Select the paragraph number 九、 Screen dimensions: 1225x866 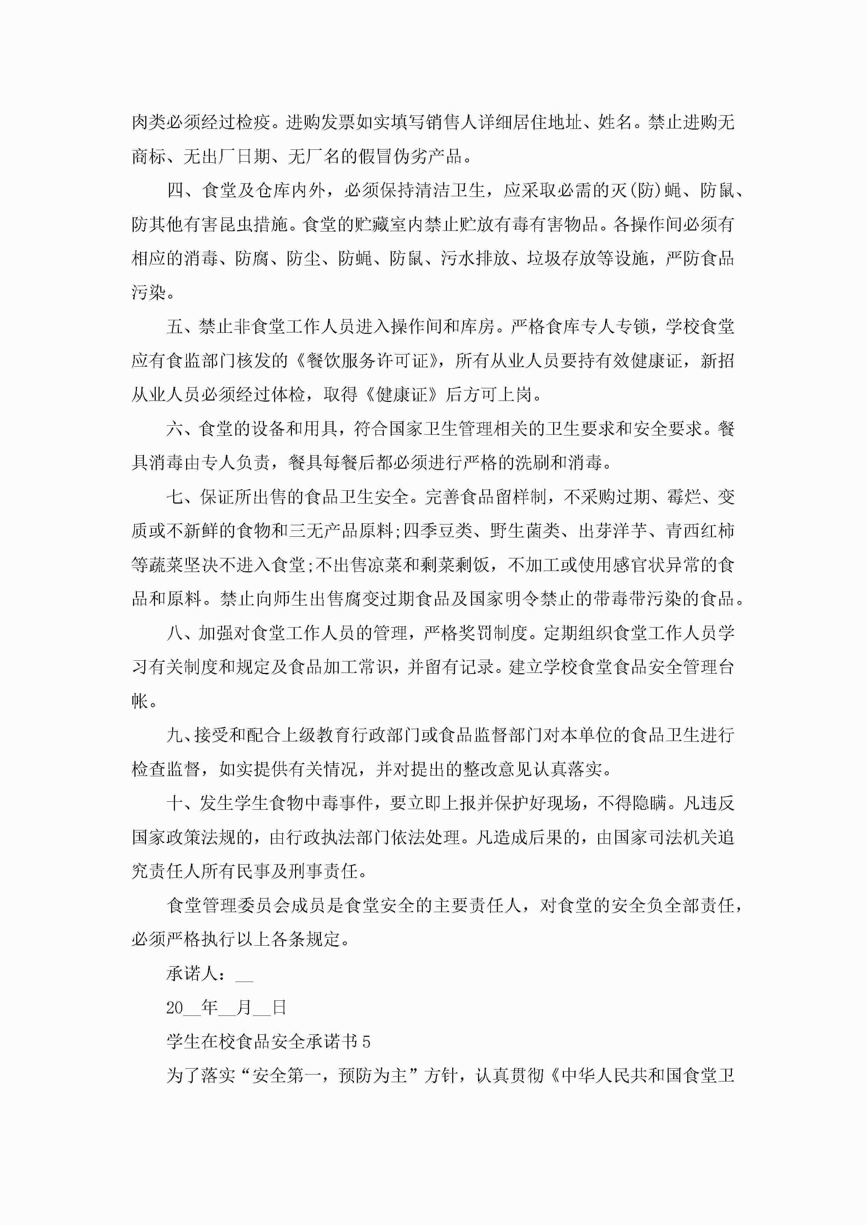click(180, 735)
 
